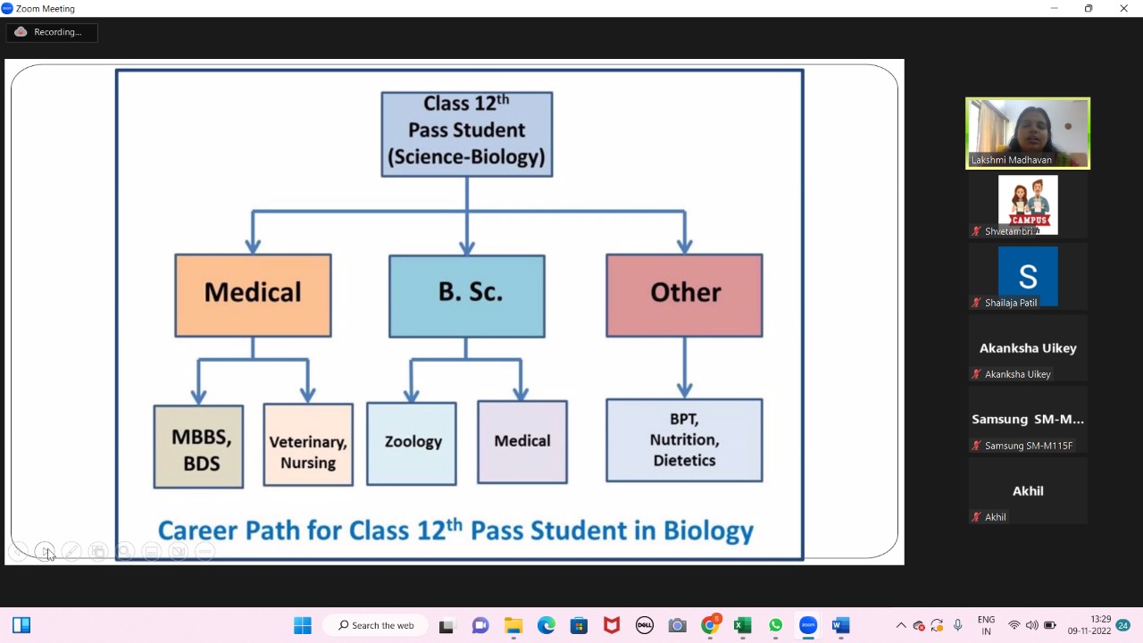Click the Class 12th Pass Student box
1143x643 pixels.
coord(466,134)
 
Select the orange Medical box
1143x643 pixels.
coord(253,296)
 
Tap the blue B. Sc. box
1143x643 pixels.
coord(466,296)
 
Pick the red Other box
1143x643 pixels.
coord(684,296)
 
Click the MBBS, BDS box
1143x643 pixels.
coord(198,447)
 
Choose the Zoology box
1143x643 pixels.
coord(412,443)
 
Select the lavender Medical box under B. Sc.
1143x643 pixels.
coord(522,442)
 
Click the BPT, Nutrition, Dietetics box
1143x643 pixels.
coord(684,440)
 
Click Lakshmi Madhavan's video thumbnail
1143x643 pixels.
coord(1028,132)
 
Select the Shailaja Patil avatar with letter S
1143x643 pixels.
coord(1028,276)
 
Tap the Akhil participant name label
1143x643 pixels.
coord(995,517)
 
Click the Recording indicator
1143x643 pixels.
coord(52,32)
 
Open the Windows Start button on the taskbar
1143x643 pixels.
coord(303,625)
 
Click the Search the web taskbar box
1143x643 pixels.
coord(376,625)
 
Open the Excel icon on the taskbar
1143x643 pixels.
coord(742,625)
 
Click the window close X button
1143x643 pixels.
coord(1123,9)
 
